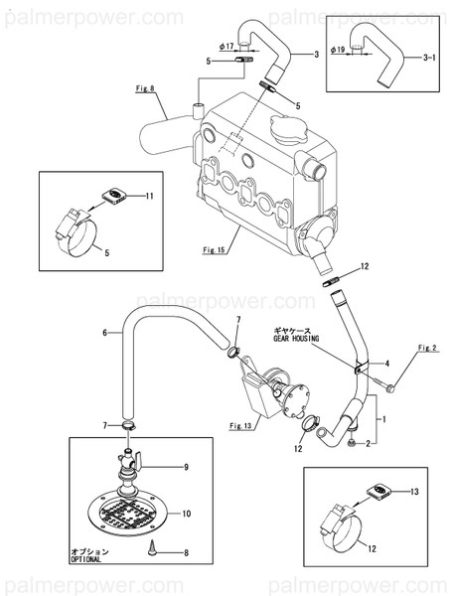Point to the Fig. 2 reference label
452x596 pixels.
point(428,348)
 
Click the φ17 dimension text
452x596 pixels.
point(226,46)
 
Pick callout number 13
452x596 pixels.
point(415,491)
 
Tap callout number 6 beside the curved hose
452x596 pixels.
point(104,334)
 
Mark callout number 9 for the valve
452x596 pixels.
point(185,465)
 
